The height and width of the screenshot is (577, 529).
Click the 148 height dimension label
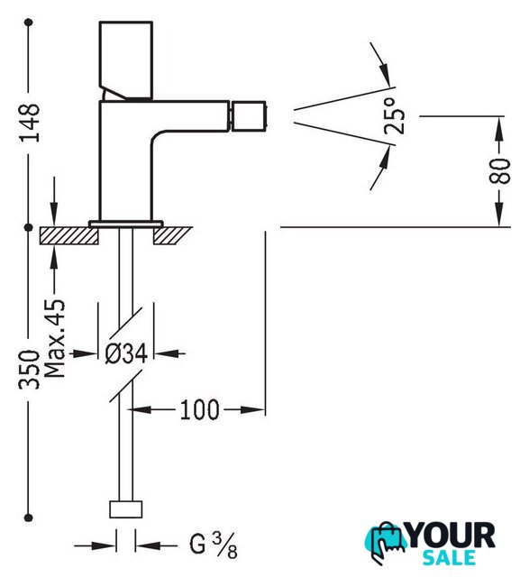30,123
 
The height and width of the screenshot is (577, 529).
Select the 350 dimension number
29,370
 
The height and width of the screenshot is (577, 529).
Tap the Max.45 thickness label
54,339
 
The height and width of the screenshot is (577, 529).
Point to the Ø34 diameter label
126,354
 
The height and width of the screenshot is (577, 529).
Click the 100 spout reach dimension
199,410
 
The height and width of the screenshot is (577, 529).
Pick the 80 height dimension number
499,171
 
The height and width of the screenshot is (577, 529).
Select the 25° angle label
394,116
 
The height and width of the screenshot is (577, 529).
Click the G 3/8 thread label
214,545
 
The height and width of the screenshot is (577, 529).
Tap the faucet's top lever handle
126,60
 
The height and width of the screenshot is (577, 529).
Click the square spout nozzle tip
249,116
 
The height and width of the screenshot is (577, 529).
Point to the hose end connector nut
126,509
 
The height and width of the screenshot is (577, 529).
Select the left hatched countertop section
69,235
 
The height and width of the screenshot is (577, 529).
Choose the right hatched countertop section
172,235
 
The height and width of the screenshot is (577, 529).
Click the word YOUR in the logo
451,536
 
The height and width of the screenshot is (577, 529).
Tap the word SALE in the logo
449,558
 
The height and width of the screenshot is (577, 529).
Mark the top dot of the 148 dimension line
29,23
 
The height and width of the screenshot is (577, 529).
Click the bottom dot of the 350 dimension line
29,517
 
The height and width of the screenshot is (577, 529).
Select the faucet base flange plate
126,224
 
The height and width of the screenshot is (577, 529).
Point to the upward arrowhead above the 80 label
499,129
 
